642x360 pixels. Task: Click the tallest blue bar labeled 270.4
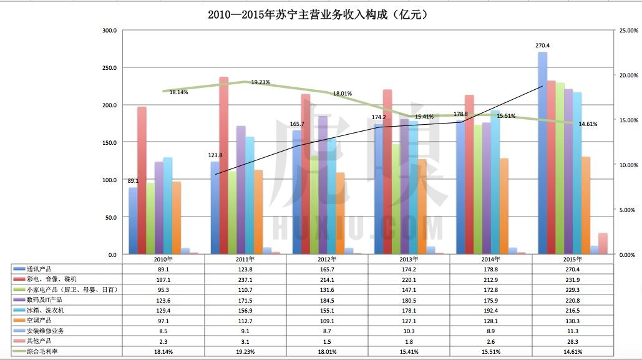point(542,153)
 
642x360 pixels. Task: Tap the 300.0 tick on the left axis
point(109,31)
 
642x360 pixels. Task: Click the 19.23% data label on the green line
point(260,82)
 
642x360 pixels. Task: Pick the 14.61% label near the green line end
point(587,124)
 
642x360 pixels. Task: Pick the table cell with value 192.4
point(490,310)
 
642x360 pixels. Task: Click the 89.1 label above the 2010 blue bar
point(133,182)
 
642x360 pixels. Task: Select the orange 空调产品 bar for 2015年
point(585,205)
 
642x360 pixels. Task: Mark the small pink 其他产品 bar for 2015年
point(603,243)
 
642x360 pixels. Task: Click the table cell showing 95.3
point(163,289)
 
